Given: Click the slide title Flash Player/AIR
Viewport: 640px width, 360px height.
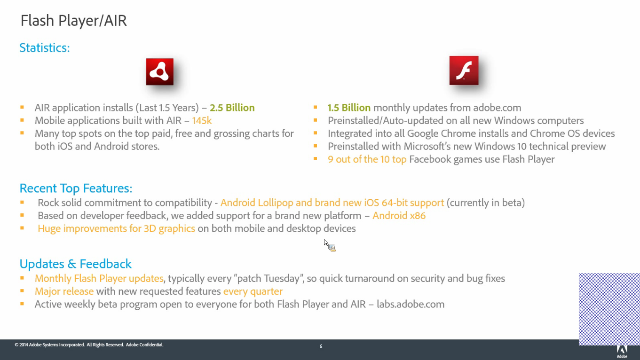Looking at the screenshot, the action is tap(73, 21).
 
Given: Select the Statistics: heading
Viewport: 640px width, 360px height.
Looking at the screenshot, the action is tap(45, 47).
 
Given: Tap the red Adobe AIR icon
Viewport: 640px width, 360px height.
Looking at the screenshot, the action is tap(160, 71).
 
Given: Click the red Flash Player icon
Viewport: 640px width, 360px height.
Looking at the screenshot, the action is tap(464, 70).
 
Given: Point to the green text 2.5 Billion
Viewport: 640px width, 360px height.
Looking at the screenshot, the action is tap(232, 108).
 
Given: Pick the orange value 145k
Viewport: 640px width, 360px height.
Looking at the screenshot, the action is tap(202, 120).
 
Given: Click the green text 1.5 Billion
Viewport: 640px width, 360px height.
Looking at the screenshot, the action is tap(349, 108).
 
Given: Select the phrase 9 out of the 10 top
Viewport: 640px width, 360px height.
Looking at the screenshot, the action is tap(367, 159).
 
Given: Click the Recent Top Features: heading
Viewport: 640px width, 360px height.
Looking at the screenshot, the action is tap(76, 188).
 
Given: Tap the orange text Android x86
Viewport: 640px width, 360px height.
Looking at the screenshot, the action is tap(399, 216).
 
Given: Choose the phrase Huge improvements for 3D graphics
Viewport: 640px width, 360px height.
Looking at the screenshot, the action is tap(116, 229).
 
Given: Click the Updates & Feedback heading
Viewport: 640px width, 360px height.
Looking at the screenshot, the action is tap(75, 264).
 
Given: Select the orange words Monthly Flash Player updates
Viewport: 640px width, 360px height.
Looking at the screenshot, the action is tap(99, 278).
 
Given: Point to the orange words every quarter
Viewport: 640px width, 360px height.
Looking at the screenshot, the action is tap(253, 291).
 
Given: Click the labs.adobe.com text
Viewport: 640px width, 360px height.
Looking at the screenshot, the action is tap(411, 305).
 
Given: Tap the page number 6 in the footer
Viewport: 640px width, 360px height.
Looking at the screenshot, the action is tap(321, 346).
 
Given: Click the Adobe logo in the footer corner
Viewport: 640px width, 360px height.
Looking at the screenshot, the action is tap(622, 352).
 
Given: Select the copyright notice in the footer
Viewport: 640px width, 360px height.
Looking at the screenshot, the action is tap(89, 345).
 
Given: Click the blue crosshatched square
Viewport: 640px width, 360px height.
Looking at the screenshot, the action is tap(609, 309).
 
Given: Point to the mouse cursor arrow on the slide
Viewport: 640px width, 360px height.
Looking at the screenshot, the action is tap(326, 243).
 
